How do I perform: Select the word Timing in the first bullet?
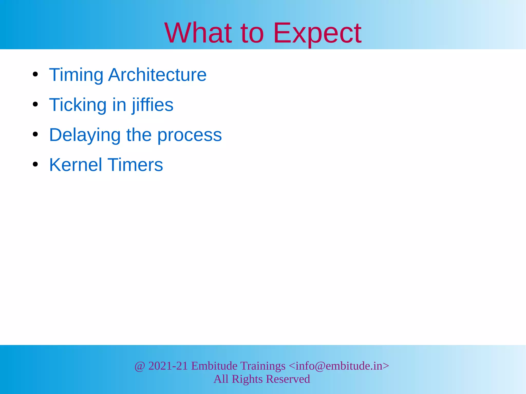point(76,75)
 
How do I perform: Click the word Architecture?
point(157,75)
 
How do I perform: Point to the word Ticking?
point(78,105)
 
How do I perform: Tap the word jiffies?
point(153,105)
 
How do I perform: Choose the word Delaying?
point(85,135)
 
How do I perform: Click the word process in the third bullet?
point(189,135)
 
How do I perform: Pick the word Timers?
point(135,165)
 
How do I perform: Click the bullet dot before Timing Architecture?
point(35,75)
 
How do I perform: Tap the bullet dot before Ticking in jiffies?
point(35,104)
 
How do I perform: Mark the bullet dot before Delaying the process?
point(35,134)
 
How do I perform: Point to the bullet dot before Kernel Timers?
point(35,164)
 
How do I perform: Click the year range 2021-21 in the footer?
point(168,366)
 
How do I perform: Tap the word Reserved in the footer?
point(288,379)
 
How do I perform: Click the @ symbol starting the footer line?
point(140,366)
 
